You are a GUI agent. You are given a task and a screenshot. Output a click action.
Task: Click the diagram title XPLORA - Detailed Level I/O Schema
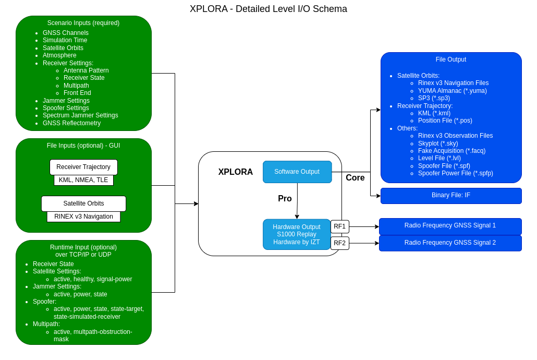pyautogui.click(x=268, y=9)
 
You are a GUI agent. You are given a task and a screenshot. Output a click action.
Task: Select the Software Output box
pyautogui.click(x=297, y=172)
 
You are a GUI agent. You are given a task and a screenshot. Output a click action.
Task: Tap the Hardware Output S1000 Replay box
pyautogui.click(x=297, y=234)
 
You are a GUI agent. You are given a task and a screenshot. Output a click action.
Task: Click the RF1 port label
pyautogui.click(x=339, y=226)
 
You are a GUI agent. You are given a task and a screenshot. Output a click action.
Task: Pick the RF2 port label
pyautogui.click(x=339, y=243)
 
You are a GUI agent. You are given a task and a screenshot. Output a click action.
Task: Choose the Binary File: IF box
pyautogui.click(x=451, y=196)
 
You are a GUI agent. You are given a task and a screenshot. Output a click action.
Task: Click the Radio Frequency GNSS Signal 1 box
pyautogui.click(x=450, y=226)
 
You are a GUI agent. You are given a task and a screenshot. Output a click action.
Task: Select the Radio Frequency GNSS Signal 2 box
pyautogui.click(x=450, y=243)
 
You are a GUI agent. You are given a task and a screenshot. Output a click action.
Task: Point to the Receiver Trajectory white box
pyautogui.click(x=83, y=167)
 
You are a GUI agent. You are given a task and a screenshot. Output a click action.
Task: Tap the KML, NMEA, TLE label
pyautogui.click(x=83, y=180)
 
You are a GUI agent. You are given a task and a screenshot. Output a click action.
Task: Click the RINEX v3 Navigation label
pyautogui.click(x=83, y=217)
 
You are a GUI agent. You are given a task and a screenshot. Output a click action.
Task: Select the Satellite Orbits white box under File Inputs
pyautogui.click(x=83, y=203)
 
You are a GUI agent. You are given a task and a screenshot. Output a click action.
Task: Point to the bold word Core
pyautogui.click(x=355, y=178)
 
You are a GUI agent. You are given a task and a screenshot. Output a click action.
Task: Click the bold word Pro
pyautogui.click(x=285, y=199)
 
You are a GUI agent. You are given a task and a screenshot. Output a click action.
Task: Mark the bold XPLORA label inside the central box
pyautogui.click(x=236, y=172)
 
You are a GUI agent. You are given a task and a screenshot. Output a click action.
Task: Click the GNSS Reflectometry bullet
pyautogui.click(x=71, y=123)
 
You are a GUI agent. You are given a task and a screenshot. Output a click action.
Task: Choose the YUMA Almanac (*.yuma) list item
pyautogui.click(x=452, y=91)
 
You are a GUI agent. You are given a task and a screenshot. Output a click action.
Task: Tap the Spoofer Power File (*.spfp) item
pyautogui.click(x=455, y=173)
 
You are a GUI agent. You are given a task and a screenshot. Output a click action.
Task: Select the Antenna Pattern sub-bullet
pyautogui.click(x=86, y=70)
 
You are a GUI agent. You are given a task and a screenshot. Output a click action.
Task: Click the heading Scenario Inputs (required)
pyautogui.click(x=83, y=23)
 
